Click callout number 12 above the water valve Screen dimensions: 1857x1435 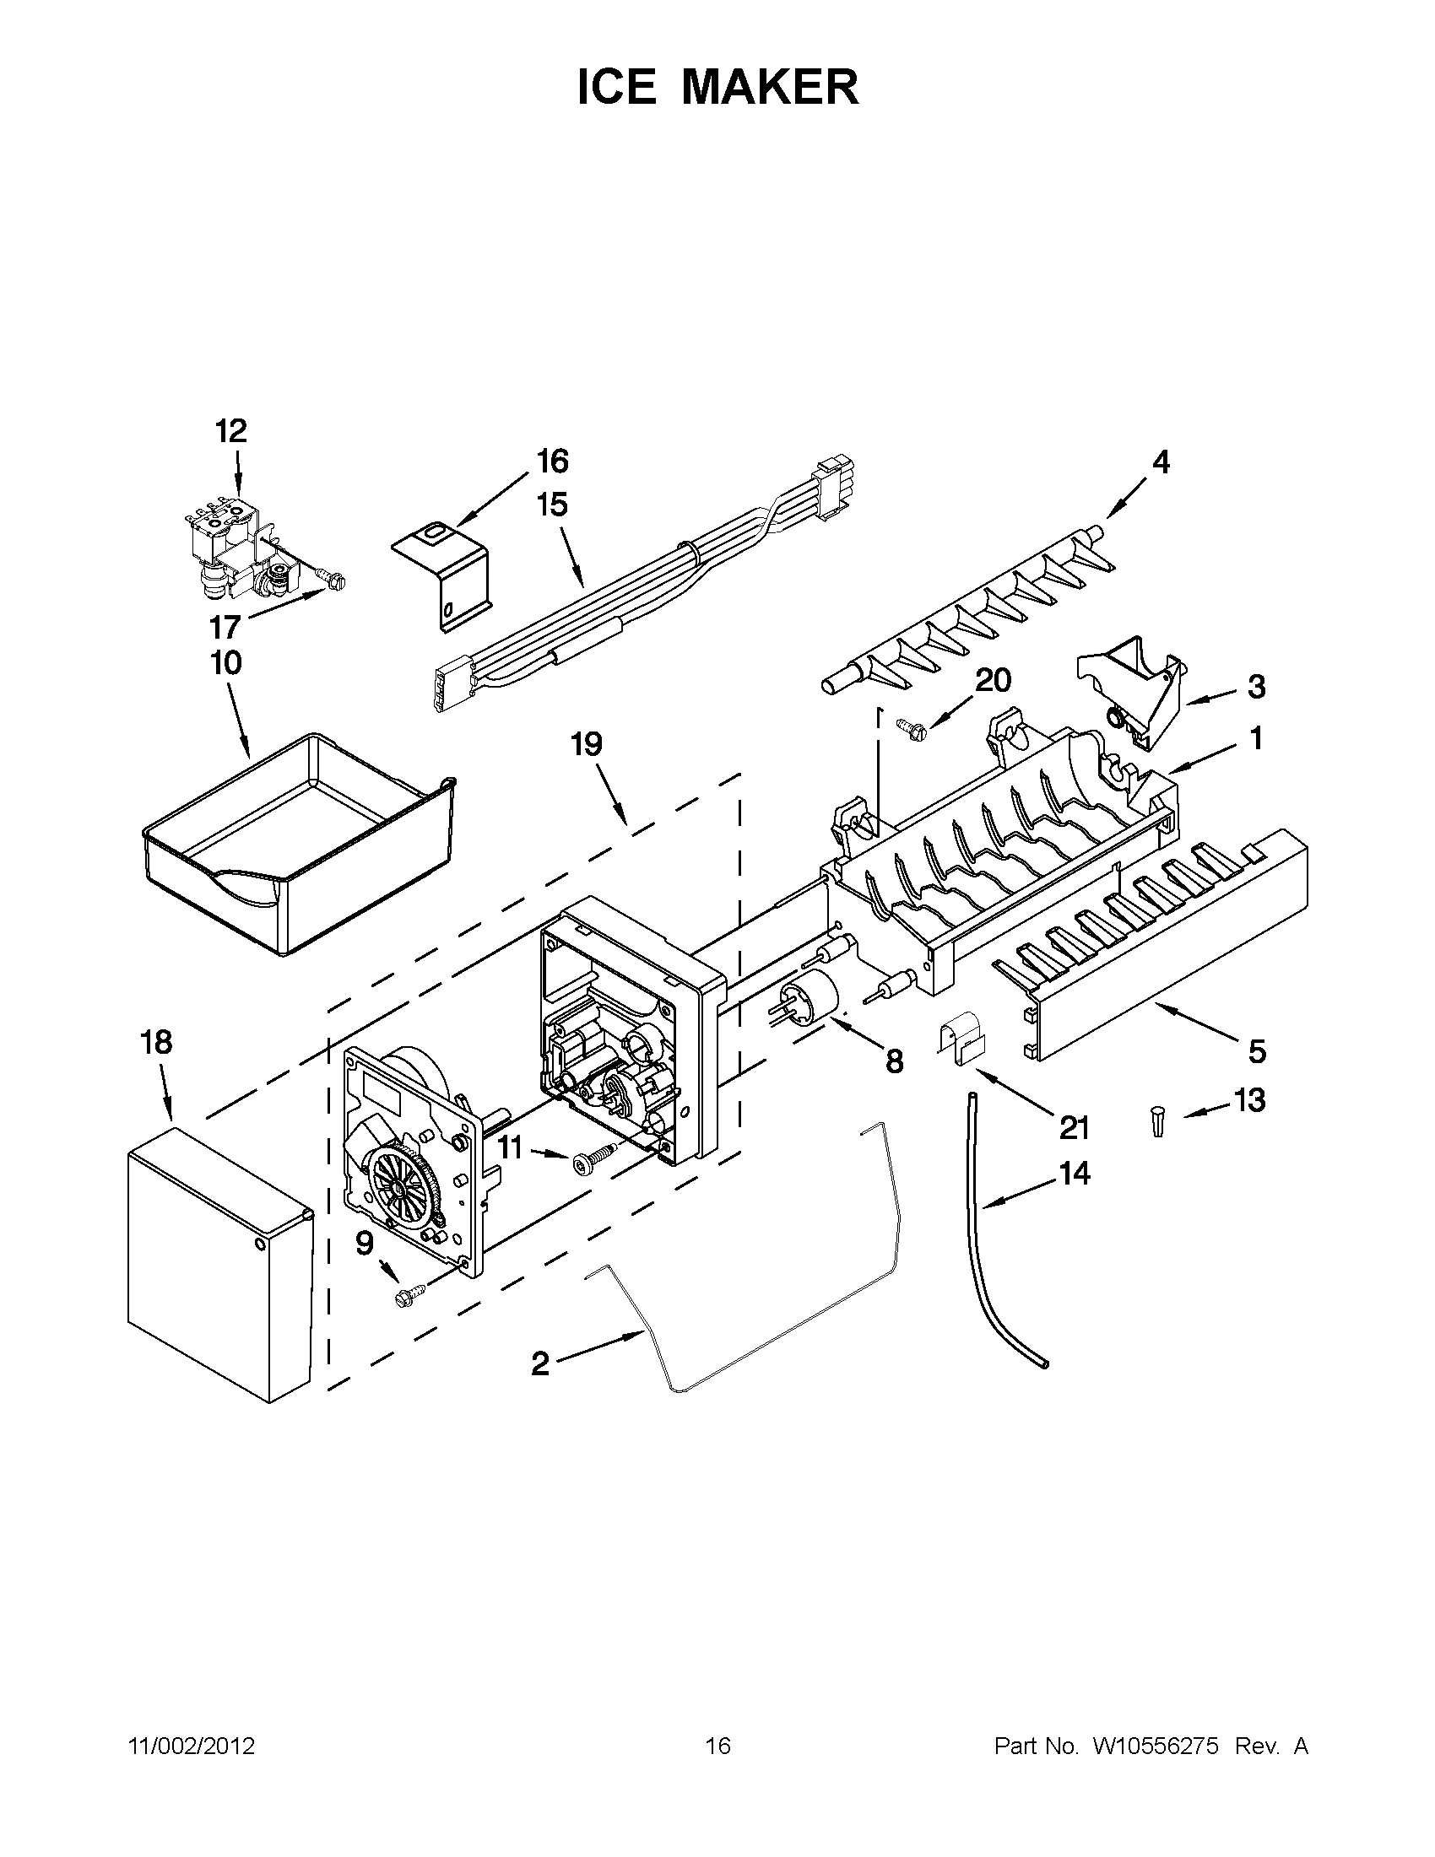[230, 431]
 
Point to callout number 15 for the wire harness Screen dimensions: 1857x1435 [552, 505]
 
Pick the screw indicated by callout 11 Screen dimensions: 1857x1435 [593, 1158]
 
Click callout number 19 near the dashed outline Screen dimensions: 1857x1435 [586, 745]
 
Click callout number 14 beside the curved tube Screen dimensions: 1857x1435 [1075, 1174]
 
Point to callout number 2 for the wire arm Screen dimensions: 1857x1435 [540, 1363]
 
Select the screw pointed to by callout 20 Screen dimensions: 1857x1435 [909, 725]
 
